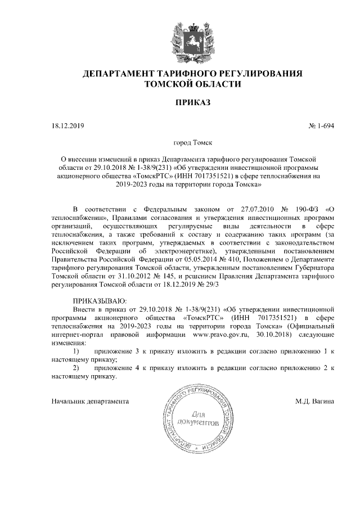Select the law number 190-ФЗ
(306, 208)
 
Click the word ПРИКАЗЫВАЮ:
(100, 301)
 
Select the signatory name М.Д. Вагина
(314, 402)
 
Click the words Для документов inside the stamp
(196, 417)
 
